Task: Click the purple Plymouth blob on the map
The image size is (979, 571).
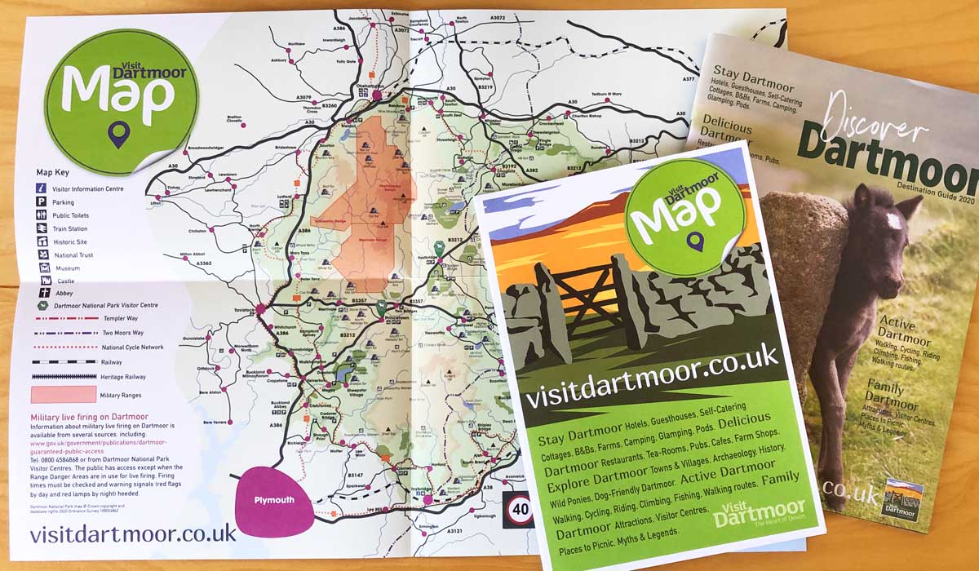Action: [273, 500]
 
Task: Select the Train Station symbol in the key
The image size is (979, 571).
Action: [41, 229]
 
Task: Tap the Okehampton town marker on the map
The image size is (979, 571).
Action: [378, 95]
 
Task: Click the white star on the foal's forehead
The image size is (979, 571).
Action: [892, 219]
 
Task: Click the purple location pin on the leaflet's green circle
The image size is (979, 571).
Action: [694, 242]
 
